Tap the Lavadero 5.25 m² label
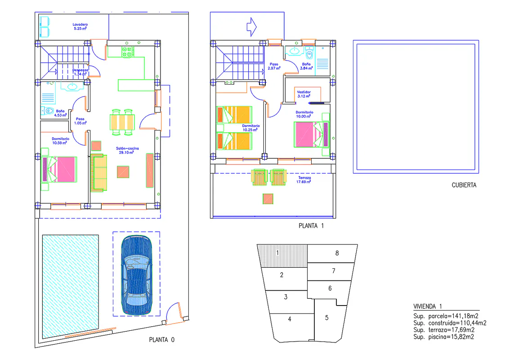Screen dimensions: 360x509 80,26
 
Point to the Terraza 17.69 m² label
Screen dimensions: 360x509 304,180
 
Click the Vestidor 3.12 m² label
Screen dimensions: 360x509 304,94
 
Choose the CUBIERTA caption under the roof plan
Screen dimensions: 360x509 464,185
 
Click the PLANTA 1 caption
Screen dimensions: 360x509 311,226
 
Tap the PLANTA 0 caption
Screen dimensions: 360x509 161,340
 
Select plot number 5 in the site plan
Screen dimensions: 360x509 327,317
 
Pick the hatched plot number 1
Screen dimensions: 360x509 278,253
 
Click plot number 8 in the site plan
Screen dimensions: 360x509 337,253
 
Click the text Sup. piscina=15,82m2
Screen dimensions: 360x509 444,336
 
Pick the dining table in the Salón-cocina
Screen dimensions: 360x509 122,121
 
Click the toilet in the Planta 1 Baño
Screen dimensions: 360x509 309,55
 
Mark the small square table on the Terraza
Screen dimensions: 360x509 268,198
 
